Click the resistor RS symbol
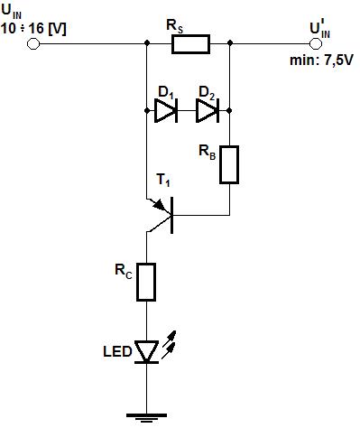pyautogui.click(x=190, y=44)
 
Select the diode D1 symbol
pyautogui.click(x=166, y=111)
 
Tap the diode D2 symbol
pyautogui.click(x=208, y=111)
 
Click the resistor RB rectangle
pyautogui.click(x=229, y=164)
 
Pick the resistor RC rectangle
pyautogui.click(x=146, y=282)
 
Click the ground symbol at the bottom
pyautogui.click(x=146, y=417)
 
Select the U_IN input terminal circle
pyautogui.click(x=33, y=44)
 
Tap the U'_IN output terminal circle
pyautogui.click(x=316, y=44)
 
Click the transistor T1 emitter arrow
pyautogui.click(x=159, y=205)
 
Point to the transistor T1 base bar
pyautogui.click(x=171, y=215)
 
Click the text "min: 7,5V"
pyautogui.click(x=321, y=60)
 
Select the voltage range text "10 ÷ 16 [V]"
pyautogui.click(x=33, y=29)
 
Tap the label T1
pyautogui.click(x=163, y=180)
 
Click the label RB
pyautogui.click(x=208, y=152)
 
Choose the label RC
pyautogui.click(x=124, y=271)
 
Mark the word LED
pyautogui.click(x=117, y=351)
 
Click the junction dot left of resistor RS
pyautogui.click(x=147, y=42)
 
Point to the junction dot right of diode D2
pyautogui.click(x=229, y=111)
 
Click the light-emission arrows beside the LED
pyautogui.click(x=169, y=344)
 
